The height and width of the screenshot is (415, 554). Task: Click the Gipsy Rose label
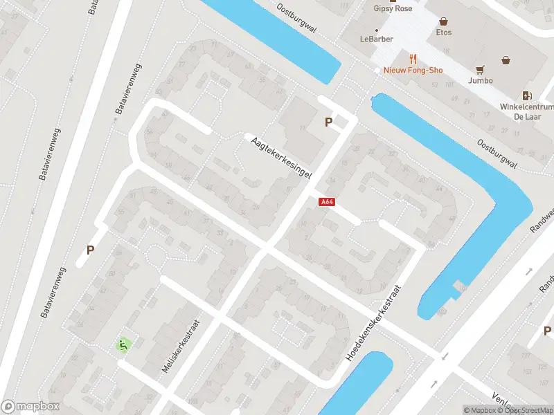(x=393, y=8)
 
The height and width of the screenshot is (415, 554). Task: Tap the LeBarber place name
(x=376, y=39)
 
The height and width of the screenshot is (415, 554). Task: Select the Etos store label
(x=444, y=33)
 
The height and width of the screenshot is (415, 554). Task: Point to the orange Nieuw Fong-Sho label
(x=413, y=70)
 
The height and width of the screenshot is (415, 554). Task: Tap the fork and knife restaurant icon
(x=413, y=58)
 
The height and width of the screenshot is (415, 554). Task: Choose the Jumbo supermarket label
(x=480, y=80)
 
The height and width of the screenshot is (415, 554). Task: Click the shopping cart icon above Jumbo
(x=480, y=69)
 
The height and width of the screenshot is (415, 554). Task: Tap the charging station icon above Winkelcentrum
(x=528, y=95)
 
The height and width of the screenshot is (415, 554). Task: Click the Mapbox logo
(x=30, y=407)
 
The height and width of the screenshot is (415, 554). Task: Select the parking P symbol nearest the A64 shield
(x=329, y=122)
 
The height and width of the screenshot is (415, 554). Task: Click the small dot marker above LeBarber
(x=376, y=30)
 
